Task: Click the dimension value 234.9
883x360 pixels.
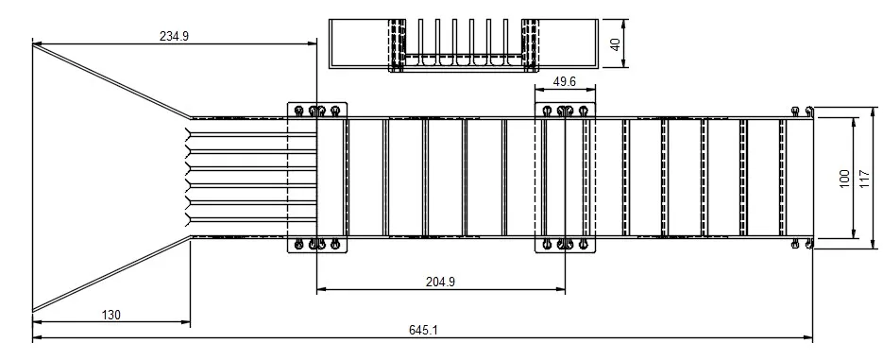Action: pos(174,36)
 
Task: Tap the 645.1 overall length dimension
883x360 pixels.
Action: pos(423,330)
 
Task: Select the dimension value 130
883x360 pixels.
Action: pos(110,315)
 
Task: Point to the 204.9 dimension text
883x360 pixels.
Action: pos(440,282)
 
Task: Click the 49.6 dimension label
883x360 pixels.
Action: pos(564,81)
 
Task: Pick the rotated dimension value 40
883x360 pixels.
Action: pos(616,44)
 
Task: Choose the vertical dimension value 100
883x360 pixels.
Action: pos(844,178)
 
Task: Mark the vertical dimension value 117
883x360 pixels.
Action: pos(866,178)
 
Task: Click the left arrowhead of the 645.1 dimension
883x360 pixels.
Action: pos(37,338)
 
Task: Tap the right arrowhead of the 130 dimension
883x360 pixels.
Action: pos(186,322)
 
